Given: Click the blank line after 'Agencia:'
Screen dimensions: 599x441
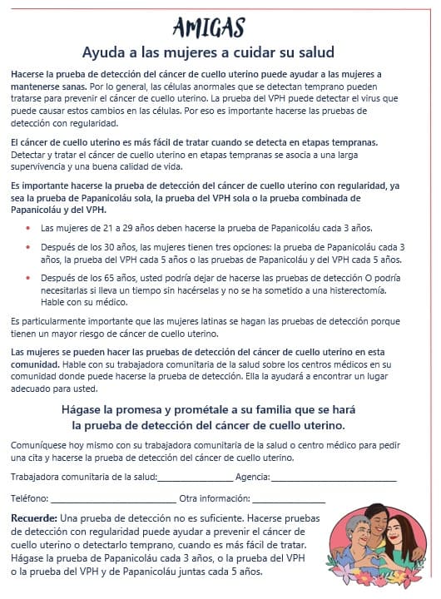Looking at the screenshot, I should point(334,478).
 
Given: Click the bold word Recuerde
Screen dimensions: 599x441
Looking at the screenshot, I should point(34,518).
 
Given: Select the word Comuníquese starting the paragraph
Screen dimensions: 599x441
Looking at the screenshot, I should point(40,445).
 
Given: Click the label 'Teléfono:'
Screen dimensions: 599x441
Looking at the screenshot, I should point(30,499).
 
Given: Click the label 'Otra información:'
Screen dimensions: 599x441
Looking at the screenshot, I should point(215,499).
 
